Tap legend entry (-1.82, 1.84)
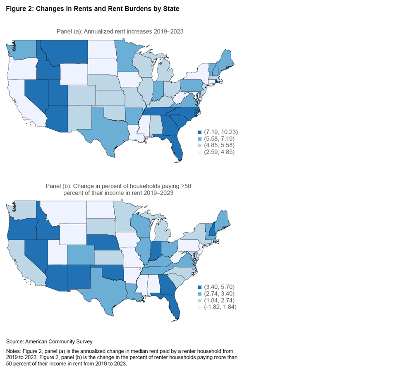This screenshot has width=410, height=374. point(217,307)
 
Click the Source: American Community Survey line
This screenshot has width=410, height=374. point(49,342)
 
